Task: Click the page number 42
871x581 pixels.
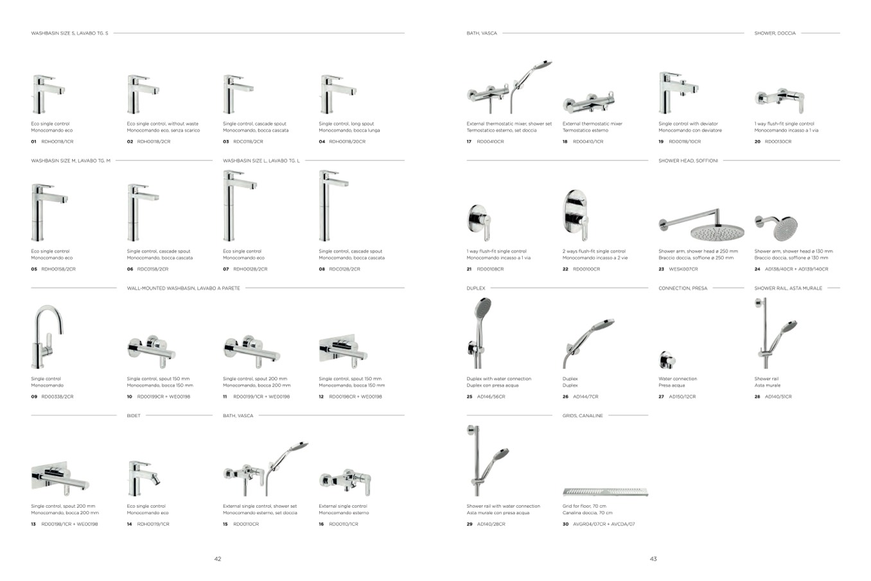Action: point(218,559)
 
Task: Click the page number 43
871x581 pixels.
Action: point(653,559)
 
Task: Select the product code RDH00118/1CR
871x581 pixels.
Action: point(57,141)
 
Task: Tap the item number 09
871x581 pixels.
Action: point(34,397)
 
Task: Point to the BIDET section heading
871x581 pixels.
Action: point(134,416)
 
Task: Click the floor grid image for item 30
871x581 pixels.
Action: point(606,492)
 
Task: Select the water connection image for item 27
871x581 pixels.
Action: point(665,360)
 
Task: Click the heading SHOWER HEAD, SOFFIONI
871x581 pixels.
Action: point(688,161)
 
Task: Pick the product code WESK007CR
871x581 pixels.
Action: point(683,269)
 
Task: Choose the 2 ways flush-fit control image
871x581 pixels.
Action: point(576,215)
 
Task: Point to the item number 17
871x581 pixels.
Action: point(470,141)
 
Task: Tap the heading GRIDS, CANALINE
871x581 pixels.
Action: point(583,416)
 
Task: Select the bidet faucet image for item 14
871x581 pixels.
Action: point(143,475)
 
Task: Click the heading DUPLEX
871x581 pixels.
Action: point(476,289)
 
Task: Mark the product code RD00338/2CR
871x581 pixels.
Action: point(57,397)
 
